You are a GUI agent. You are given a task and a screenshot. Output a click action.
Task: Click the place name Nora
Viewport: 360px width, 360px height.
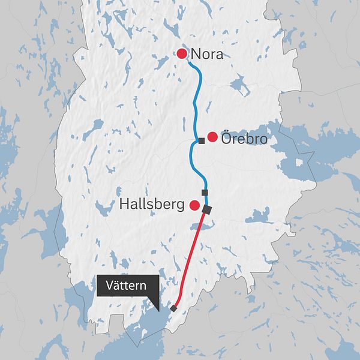tap(207, 55)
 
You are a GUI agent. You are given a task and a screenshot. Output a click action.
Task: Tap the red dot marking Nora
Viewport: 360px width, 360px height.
tap(182, 54)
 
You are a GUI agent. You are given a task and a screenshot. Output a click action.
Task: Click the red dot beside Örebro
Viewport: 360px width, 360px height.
tap(212, 137)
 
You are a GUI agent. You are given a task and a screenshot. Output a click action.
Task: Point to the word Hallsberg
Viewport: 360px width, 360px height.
tap(152, 205)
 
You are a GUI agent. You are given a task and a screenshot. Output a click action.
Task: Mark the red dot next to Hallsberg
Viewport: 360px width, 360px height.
tap(194, 205)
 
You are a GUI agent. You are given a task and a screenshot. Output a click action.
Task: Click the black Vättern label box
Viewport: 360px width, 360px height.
tap(127, 286)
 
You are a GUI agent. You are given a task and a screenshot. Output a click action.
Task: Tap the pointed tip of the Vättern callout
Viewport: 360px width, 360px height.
tap(155, 311)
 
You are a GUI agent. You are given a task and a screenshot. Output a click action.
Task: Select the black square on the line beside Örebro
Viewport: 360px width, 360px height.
tap(202, 141)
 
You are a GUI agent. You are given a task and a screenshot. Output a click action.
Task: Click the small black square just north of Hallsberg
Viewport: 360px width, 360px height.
tap(205, 192)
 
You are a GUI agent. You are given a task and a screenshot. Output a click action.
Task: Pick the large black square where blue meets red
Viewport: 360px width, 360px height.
tap(208, 209)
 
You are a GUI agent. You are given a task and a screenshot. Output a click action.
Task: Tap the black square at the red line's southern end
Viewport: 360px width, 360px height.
tap(173, 308)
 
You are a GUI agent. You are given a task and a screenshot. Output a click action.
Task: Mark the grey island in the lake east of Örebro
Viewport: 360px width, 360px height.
tap(299, 162)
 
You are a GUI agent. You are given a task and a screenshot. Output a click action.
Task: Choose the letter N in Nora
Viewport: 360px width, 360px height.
tap(196, 55)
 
